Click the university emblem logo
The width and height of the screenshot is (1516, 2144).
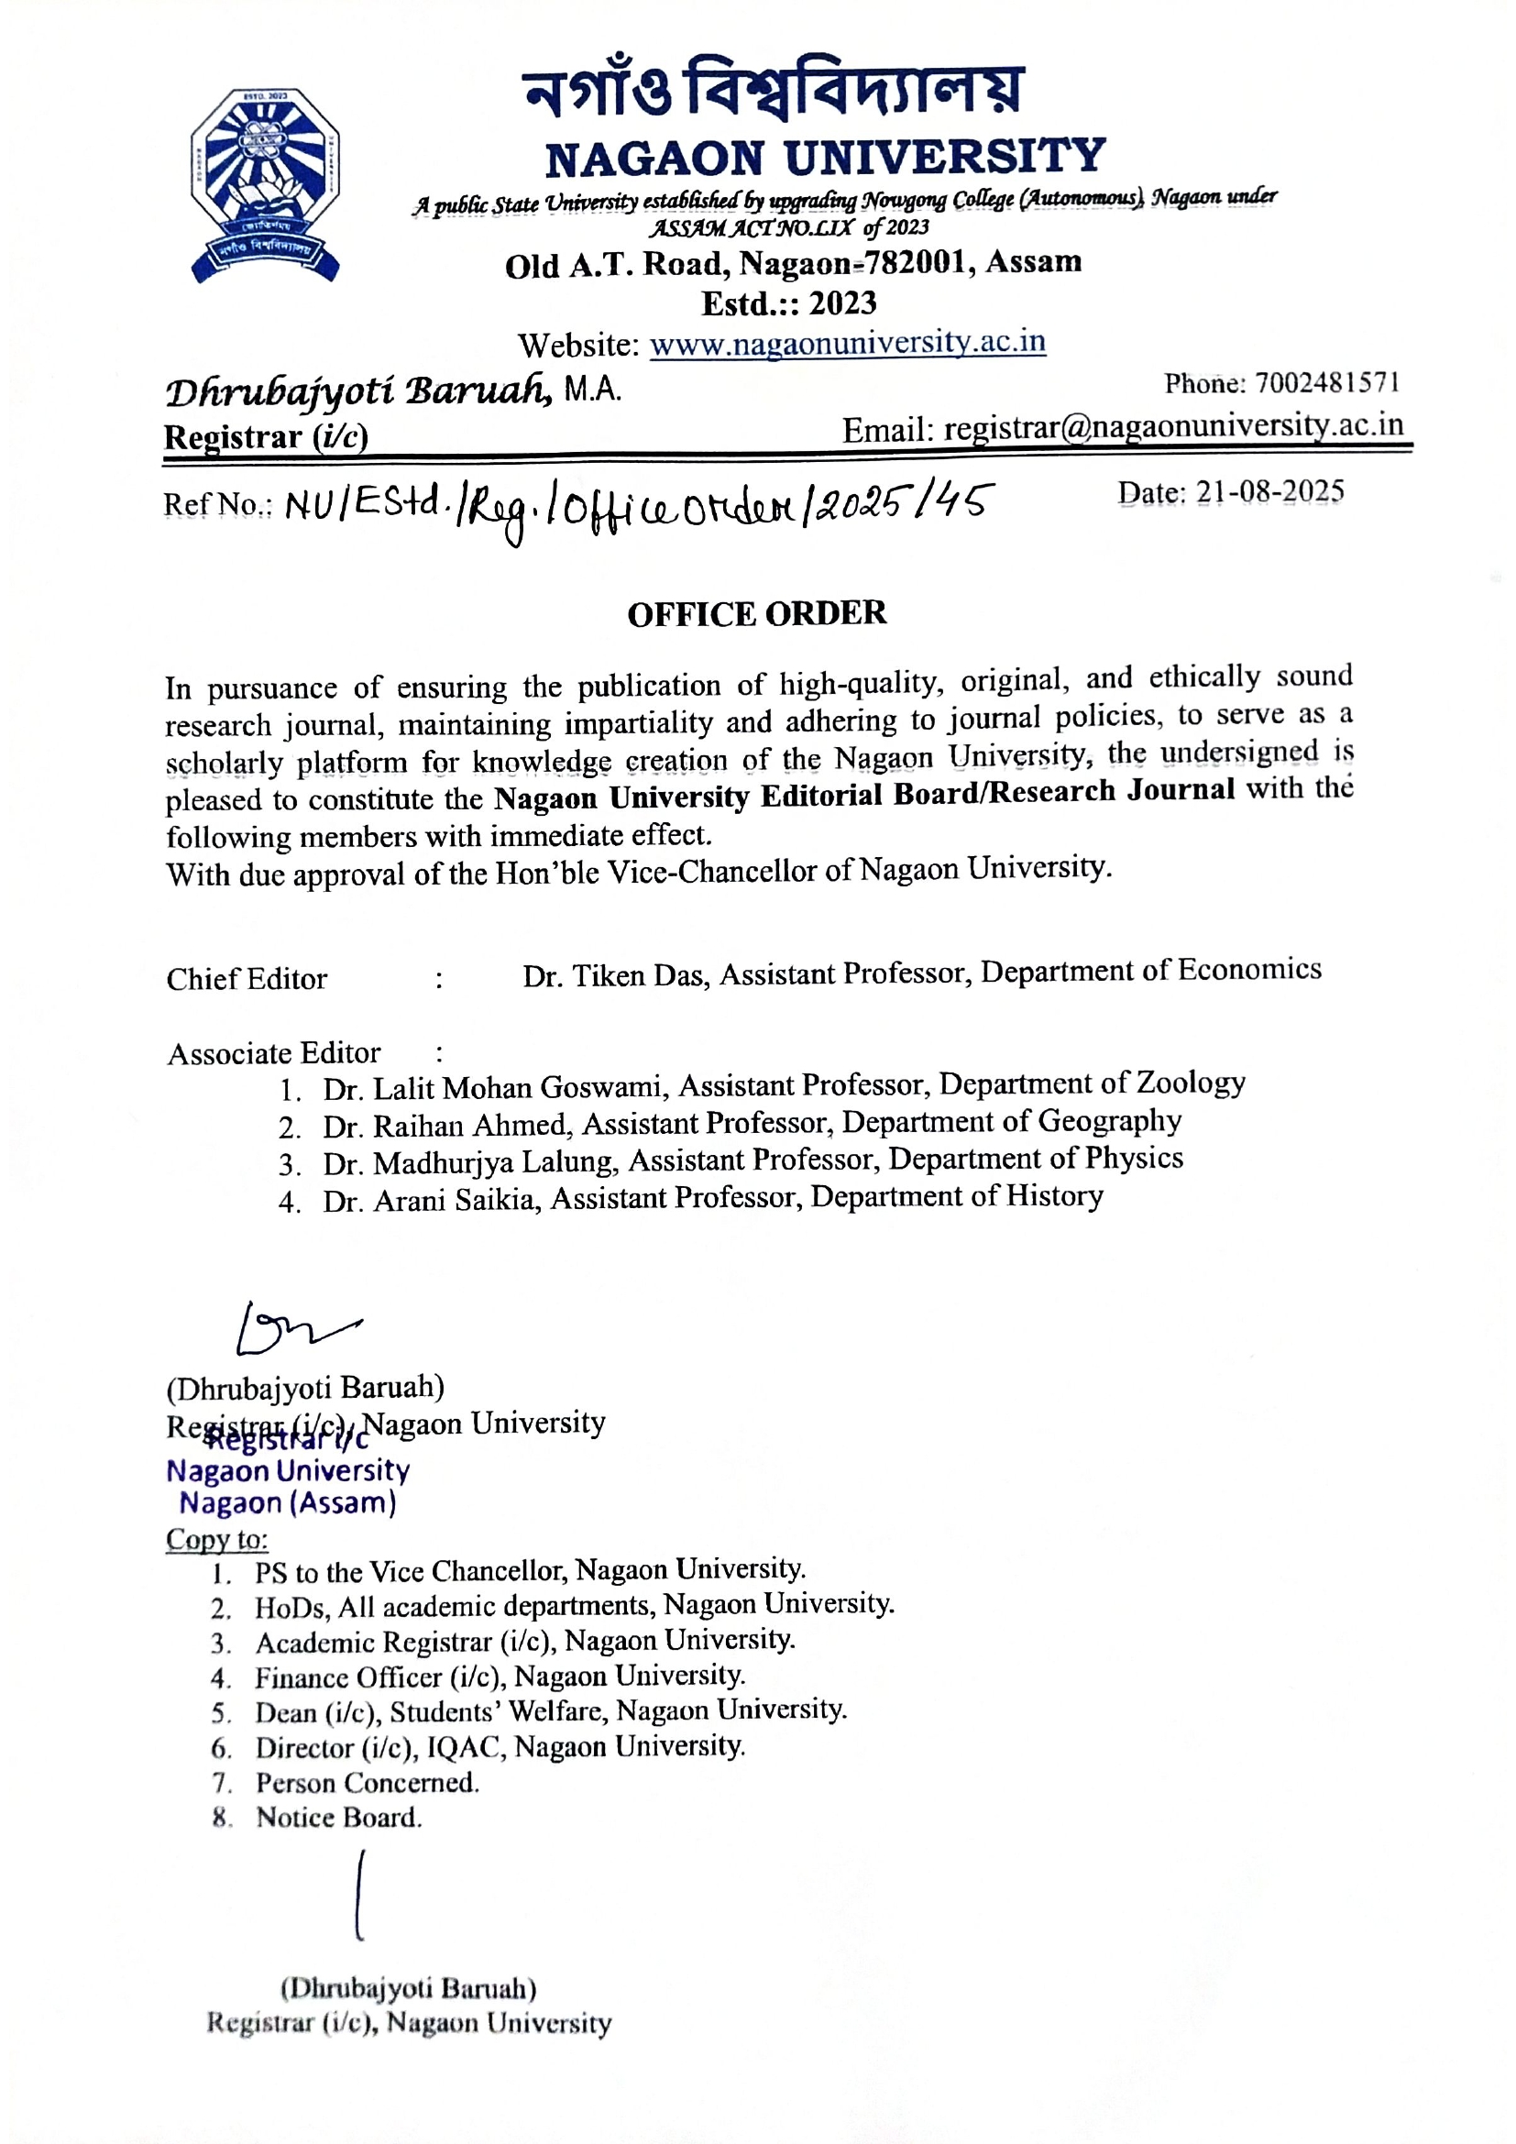tap(265, 184)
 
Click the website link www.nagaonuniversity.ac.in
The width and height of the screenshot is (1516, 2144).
tap(847, 343)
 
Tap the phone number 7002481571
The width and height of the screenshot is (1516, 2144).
tap(1326, 383)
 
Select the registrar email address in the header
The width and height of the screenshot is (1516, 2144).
tap(1173, 428)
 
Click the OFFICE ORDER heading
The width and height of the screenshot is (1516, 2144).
tap(756, 613)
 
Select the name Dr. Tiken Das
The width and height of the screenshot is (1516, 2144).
tap(615, 976)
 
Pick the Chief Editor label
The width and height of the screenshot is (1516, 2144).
tap(247, 979)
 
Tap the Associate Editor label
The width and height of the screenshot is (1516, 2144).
tap(273, 1053)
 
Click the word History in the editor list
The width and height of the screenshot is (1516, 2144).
tap(1057, 1196)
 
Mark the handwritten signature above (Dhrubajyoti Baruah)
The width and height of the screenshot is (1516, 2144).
tap(295, 1326)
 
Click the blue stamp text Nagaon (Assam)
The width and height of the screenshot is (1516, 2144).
tap(288, 1503)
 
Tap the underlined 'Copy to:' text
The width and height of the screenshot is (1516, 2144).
tap(216, 1539)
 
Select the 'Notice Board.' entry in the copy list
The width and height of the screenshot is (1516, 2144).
tap(339, 1817)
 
